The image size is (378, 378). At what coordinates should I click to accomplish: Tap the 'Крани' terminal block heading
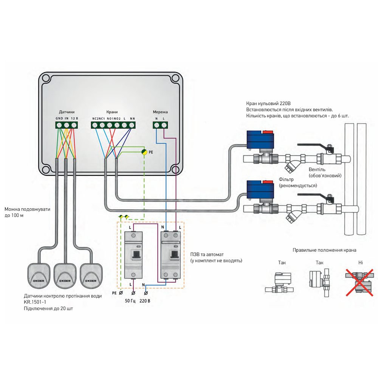click(112, 112)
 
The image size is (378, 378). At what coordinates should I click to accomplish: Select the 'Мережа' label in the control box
click(160, 112)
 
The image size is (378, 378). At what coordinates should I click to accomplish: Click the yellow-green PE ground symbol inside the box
click(144, 152)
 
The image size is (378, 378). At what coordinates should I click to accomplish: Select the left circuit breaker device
click(133, 255)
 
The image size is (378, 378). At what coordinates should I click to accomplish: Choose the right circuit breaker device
click(170, 255)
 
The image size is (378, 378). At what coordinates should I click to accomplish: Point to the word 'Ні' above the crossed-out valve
click(361, 262)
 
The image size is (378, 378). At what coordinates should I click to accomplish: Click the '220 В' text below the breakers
click(145, 301)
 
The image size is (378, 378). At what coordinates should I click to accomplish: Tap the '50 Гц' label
click(130, 301)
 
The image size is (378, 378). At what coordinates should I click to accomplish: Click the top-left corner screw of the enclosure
click(45, 79)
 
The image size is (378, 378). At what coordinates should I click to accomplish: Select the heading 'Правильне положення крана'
click(324, 250)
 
